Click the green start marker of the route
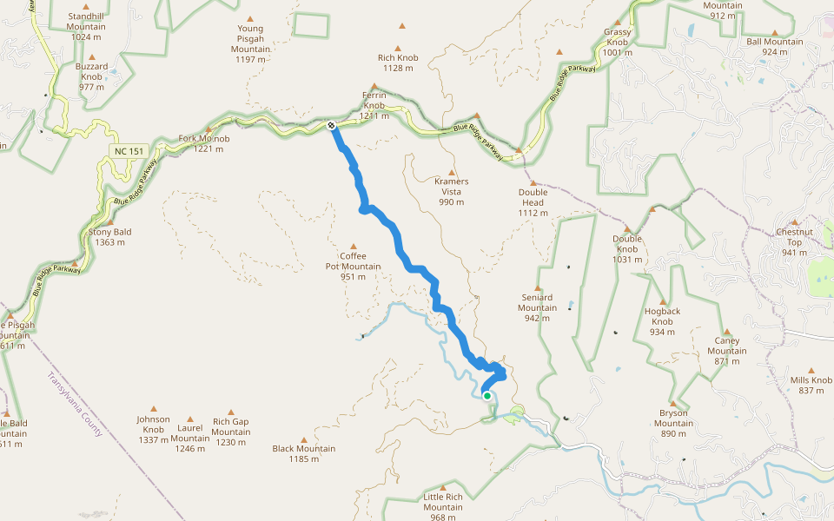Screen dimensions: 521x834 click(x=487, y=396)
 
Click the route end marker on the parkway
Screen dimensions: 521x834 click(x=333, y=127)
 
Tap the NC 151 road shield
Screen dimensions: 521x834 click(x=127, y=151)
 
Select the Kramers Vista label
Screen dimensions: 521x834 click(x=451, y=191)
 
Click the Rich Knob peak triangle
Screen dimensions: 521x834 click(x=399, y=49)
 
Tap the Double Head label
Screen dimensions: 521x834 click(x=533, y=202)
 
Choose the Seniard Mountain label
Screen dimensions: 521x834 click(x=538, y=307)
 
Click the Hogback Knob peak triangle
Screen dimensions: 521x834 click(x=663, y=301)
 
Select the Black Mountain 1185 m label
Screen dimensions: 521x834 click(x=303, y=453)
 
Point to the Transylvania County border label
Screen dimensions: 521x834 click(x=76, y=406)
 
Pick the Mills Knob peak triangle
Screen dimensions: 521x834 click(x=811, y=370)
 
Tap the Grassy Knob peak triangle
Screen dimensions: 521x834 click(x=618, y=23)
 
